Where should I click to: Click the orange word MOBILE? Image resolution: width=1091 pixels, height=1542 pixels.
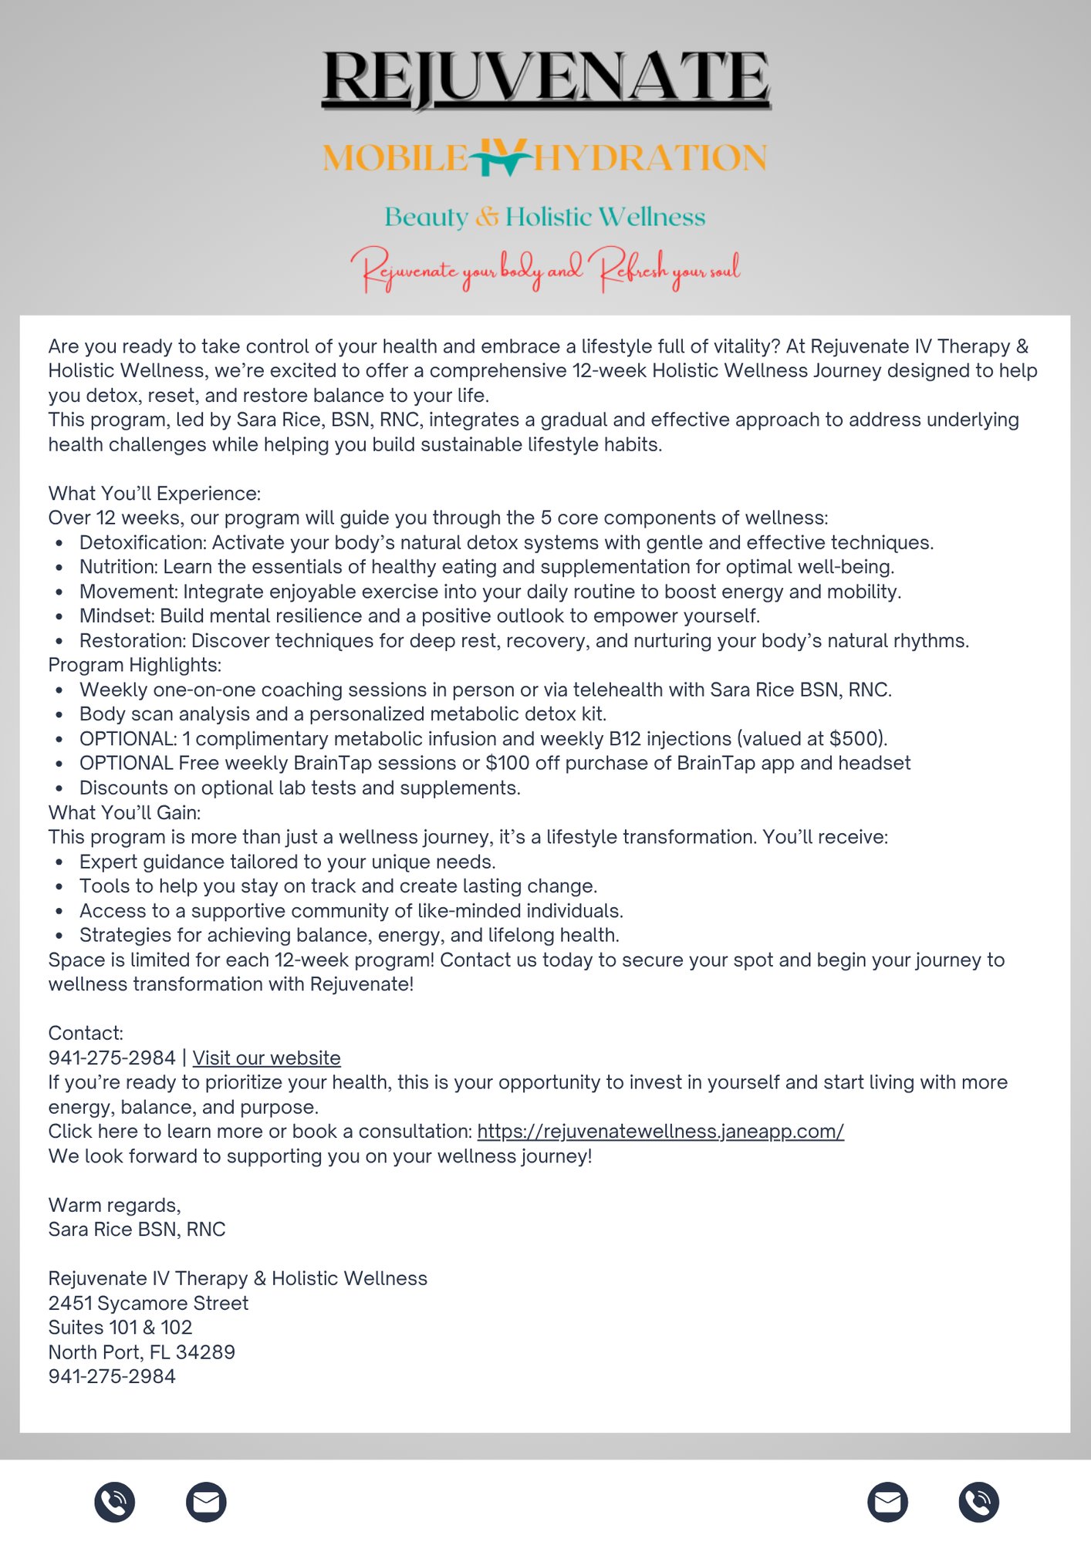tap(394, 158)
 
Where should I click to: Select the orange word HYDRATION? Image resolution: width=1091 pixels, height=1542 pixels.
tap(650, 158)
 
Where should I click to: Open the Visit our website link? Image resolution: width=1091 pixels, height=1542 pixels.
tap(266, 1058)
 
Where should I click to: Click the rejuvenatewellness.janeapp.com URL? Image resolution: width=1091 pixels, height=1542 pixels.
tap(660, 1131)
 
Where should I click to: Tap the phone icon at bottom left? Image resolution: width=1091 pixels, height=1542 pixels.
tap(115, 1502)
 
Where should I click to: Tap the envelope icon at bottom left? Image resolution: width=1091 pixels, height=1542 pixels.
tap(206, 1502)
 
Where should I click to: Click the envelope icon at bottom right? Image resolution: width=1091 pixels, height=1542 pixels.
tap(887, 1502)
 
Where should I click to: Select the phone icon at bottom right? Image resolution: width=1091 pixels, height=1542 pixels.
tap(978, 1502)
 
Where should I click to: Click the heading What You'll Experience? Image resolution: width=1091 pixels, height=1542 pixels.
tap(154, 494)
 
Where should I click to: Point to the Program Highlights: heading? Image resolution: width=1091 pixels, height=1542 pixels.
tap(135, 665)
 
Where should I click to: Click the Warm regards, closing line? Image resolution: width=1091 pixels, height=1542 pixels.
tap(114, 1205)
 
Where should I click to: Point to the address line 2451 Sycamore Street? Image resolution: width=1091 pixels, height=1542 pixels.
tap(148, 1303)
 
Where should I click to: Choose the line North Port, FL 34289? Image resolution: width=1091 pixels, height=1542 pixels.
tap(141, 1352)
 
